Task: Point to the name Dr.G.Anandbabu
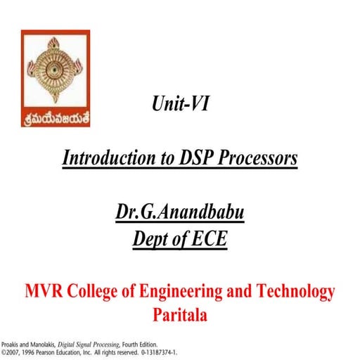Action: (179, 212)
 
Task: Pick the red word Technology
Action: (295, 291)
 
